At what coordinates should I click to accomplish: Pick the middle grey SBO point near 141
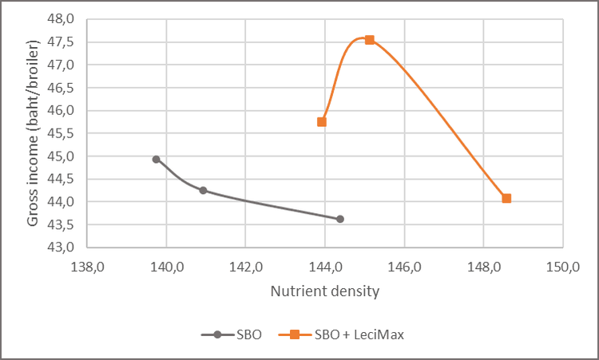point(203,190)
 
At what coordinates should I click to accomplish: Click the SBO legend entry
point(238,334)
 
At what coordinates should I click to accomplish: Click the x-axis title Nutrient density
point(324,291)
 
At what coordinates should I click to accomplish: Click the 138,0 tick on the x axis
point(87,266)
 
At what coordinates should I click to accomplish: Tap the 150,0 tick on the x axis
point(563,266)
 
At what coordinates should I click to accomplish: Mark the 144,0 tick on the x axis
point(325,266)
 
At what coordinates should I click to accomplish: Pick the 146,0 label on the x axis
point(404,266)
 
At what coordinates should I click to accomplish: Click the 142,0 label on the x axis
point(245,266)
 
